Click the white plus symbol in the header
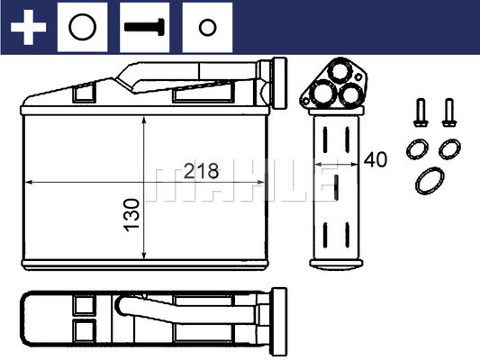pos(28,27)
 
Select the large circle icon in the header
pos(82,27)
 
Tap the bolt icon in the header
pos(144,27)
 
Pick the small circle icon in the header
pos(207,27)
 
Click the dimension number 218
pos(201,171)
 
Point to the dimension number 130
pos(131,215)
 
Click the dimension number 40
pos(376,159)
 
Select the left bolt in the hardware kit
pos(421,112)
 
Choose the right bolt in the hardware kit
pos(449,112)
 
